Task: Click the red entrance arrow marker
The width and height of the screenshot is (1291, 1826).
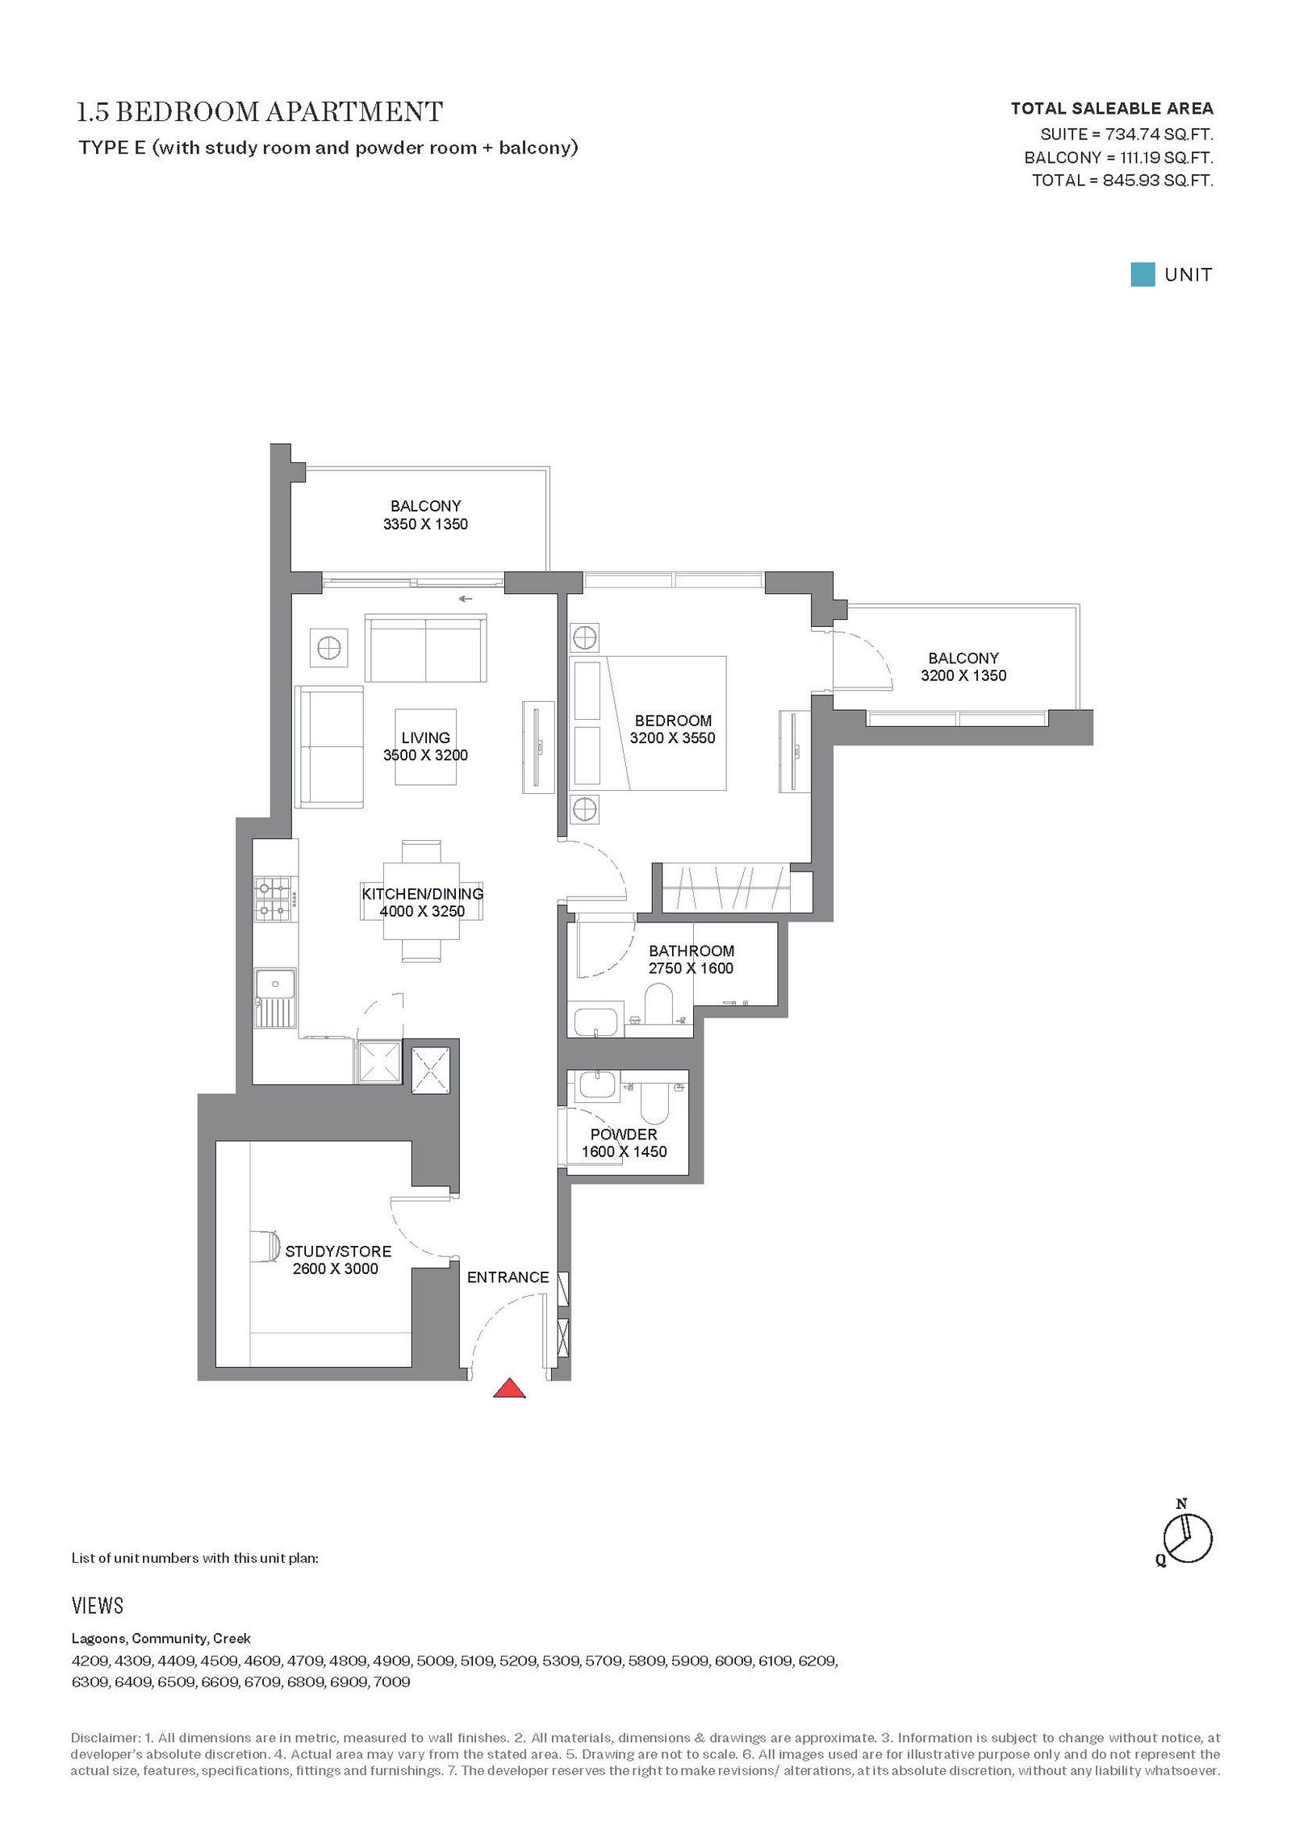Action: tap(509, 1389)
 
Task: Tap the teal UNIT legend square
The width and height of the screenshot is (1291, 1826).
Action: tap(1142, 274)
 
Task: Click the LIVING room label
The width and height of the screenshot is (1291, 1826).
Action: tap(425, 738)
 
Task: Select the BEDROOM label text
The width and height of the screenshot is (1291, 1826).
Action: tap(673, 721)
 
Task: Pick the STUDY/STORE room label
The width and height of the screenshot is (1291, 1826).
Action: tap(338, 1251)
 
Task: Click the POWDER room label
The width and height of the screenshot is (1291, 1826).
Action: tap(624, 1134)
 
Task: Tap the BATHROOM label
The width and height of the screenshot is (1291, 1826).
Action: tap(691, 951)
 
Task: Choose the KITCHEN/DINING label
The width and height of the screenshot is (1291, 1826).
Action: tap(423, 894)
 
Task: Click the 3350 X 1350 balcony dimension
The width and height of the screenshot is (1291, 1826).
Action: tap(425, 524)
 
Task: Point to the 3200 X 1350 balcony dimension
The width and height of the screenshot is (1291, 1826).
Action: tap(963, 676)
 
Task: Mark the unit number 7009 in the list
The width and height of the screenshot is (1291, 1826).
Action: tap(392, 1682)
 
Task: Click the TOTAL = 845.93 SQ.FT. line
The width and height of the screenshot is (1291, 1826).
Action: tap(1122, 181)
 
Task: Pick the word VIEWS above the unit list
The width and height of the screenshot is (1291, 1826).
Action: tap(98, 1606)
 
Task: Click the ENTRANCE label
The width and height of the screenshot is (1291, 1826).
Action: tap(508, 1277)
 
